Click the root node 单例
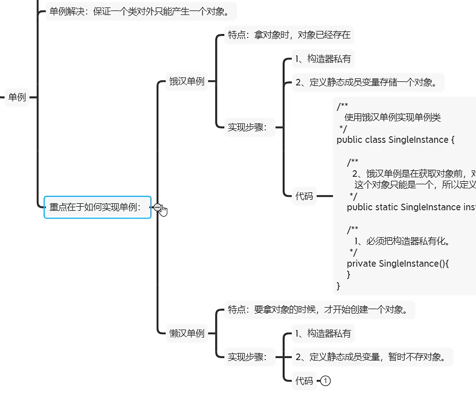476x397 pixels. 17,97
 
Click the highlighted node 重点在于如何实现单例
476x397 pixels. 97,207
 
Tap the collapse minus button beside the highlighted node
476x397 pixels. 157,207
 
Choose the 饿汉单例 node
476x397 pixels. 187,81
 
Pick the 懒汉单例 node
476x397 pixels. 187,334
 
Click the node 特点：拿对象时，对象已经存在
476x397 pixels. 289,35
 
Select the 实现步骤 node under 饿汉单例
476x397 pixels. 248,127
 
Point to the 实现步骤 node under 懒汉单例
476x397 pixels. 248,357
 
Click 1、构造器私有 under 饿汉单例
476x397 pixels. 323,59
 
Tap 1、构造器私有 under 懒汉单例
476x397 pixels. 323,333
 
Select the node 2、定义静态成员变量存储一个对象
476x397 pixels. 366,82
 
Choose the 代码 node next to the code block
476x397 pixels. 304,196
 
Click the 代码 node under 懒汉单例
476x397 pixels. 304,381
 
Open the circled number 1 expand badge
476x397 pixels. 326,381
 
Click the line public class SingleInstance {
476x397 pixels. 396,140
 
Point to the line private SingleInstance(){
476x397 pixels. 398,263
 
